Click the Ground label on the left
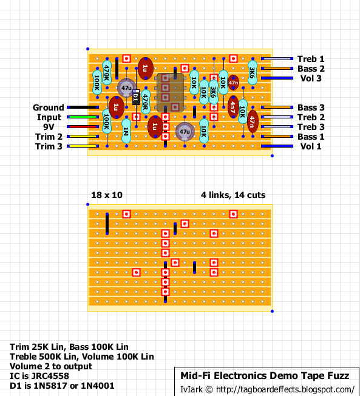pyautogui.click(x=48, y=108)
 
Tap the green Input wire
pyautogui.click(x=83, y=117)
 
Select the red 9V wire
pyautogui.click(x=83, y=127)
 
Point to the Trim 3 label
pyautogui.click(x=49, y=146)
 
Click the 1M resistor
pyautogui.click(x=126, y=131)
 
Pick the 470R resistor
pyautogui.click(x=146, y=102)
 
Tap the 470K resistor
pyautogui.click(x=107, y=72)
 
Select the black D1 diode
pyautogui.click(x=136, y=97)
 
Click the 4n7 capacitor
pyautogui.click(x=233, y=107)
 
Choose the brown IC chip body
pyautogui.click(x=170, y=92)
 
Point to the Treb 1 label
pyautogui.click(x=311, y=59)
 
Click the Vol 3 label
pyautogui.click(x=311, y=78)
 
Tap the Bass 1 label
pyautogui.click(x=311, y=137)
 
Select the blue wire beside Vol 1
pyautogui.click(x=277, y=146)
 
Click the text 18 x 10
pyautogui.click(x=106, y=195)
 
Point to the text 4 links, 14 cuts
pyautogui.click(x=233, y=195)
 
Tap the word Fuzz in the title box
pyautogui.click(x=338, y=376)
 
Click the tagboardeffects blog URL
pyautogui.click(x=285, y=389)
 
